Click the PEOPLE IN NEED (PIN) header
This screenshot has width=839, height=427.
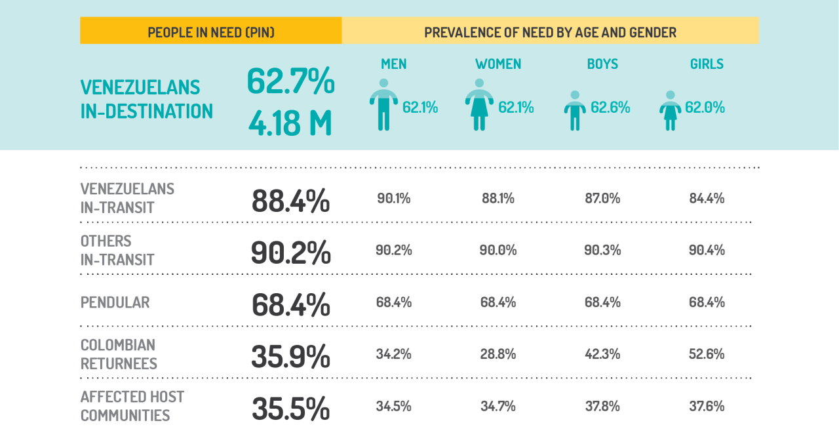(211, 31)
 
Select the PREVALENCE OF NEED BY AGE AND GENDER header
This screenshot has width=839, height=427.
(550, 31)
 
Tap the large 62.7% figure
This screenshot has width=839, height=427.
(290, 81)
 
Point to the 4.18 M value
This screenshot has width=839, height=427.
(290, 123)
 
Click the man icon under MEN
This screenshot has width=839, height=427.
(383, 105)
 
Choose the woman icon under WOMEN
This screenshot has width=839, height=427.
(479, 105)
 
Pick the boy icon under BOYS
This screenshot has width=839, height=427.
(575, 110)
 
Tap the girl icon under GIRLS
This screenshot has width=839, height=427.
(670, 110)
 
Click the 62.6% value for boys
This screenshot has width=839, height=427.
(610, 107)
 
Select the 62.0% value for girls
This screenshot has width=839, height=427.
(705, 107)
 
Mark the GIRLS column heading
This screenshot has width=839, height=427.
(707, 64)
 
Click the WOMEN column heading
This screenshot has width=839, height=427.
(498, 64)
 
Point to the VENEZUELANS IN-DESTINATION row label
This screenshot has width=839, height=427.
(146, 99)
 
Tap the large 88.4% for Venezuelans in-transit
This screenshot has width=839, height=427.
(290, 201)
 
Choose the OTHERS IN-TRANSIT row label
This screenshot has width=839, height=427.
(117, 250)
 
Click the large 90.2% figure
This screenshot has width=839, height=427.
(290, 253)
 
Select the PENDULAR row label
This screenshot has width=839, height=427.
(115, 302)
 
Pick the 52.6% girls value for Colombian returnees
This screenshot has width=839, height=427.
(707, 354)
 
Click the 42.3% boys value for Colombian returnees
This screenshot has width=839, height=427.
(602, 354)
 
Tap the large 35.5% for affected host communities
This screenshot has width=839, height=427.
(290, 409)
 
